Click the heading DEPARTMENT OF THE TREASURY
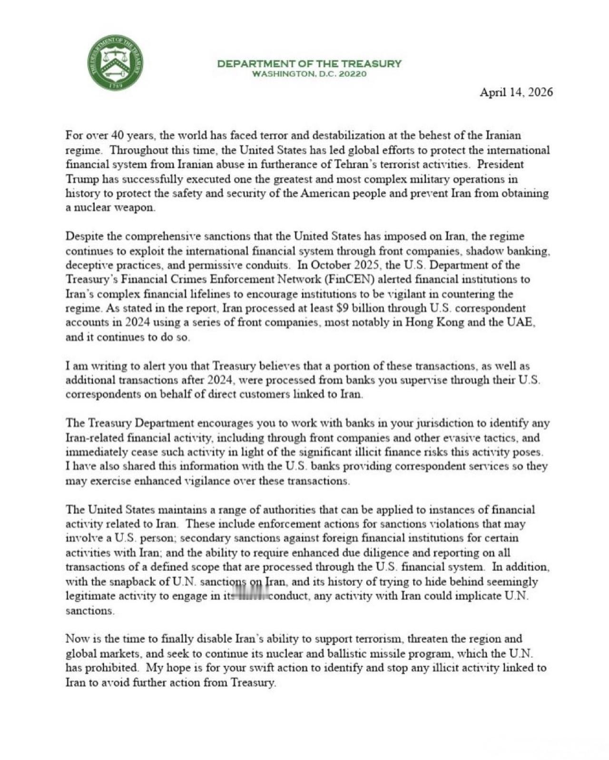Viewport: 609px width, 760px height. [x=309, y=64]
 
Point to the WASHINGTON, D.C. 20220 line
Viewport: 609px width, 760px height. [x=309, y=74]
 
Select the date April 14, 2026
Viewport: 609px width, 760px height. [x=516, y=92]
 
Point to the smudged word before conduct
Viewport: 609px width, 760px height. [x=248, y=596]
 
